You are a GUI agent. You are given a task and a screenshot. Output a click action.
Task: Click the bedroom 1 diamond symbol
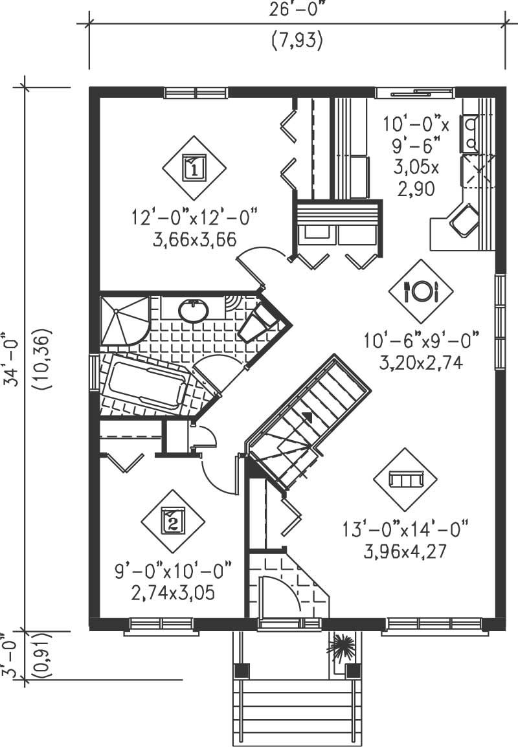click(x=194, y=168)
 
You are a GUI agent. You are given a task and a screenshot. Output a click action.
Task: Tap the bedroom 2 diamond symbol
click(x=172, y=520)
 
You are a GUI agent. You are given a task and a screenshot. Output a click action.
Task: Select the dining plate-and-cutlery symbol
click(x=422, y=291)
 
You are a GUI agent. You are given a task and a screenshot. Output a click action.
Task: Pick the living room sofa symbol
click(x=405, y=479)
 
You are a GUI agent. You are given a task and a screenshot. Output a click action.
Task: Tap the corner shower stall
click(x=123, y=320)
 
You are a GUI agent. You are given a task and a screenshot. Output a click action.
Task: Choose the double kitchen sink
click(x=469, y=131)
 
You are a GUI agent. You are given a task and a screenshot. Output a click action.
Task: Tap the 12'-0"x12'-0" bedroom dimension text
click(x=190, y=216)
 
